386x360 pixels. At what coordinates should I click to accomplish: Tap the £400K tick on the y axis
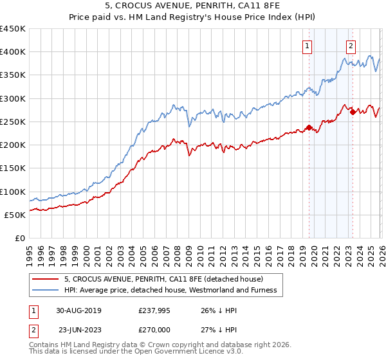click(x=13, y=52)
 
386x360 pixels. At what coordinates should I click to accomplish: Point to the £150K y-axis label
click(x=13, y=168)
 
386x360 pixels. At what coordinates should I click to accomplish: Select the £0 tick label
click(x=19, y=238)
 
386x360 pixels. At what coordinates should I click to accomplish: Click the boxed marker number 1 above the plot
click(x=307, y=46)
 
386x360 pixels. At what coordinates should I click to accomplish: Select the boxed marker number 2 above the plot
click(x=351, y=46)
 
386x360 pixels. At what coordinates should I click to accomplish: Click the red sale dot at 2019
click(x=309, y=127)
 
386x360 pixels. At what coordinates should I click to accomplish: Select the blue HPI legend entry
click(x=170, y=290)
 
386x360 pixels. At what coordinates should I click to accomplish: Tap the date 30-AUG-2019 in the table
click(x=78, y=310)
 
